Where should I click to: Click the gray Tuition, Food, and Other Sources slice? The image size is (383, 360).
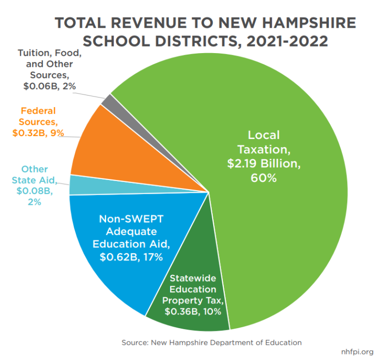pos(107,100)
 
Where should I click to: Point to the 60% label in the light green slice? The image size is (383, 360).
pos(264,178)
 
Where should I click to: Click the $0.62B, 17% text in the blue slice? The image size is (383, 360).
pos(130,257)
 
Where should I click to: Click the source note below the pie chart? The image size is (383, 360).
pos(211,342)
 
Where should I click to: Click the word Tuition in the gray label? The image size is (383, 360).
pos(35,53)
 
